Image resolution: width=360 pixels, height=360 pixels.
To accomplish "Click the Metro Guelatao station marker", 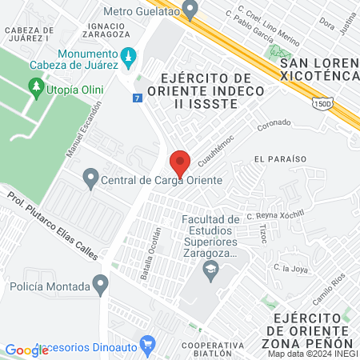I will (x=190, y=10).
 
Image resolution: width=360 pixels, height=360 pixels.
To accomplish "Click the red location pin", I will (x=180, y=162).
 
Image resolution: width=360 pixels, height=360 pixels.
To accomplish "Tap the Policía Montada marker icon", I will (x=100, y=283).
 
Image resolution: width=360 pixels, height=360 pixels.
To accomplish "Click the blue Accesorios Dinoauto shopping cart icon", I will (x=146, y=346).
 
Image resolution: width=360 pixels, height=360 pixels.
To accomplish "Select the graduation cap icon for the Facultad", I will (x=210, y=270).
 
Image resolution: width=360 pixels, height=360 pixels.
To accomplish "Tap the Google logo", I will (x=26, y=350).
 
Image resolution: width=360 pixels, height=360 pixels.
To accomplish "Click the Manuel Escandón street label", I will (x=85, y=128).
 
